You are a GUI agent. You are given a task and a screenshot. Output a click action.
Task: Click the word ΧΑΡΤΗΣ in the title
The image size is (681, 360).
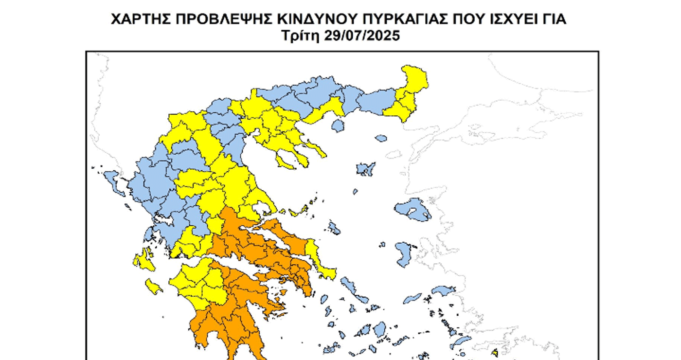point(141,19)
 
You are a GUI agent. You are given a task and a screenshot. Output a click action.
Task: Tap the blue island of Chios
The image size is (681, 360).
point(404,254)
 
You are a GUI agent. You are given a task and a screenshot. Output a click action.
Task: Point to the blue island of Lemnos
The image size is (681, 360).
point(366,169)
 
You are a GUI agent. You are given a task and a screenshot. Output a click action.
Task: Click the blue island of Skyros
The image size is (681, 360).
point(334,227)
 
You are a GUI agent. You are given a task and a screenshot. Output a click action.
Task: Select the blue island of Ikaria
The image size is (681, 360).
point(412,297)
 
